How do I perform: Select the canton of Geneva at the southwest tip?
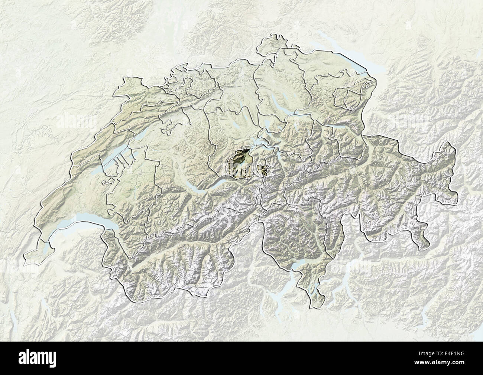tap(35, 254)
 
